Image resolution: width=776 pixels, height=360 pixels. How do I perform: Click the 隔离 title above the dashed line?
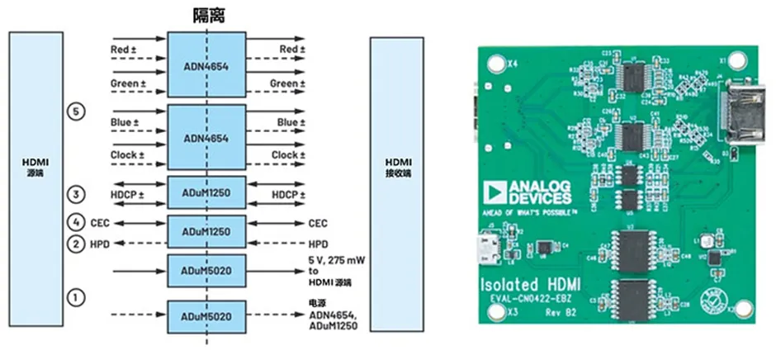click(206, 15)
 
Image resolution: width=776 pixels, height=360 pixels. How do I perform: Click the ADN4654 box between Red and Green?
click(206, 66)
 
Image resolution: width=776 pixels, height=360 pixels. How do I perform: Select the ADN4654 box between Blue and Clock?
click(206, 138)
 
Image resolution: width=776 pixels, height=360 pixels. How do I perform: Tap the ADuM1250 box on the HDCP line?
click(206, 194)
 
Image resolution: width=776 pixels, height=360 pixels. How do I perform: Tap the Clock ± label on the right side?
click(285, 154)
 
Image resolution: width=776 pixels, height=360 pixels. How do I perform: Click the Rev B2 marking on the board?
click(562, 312)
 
